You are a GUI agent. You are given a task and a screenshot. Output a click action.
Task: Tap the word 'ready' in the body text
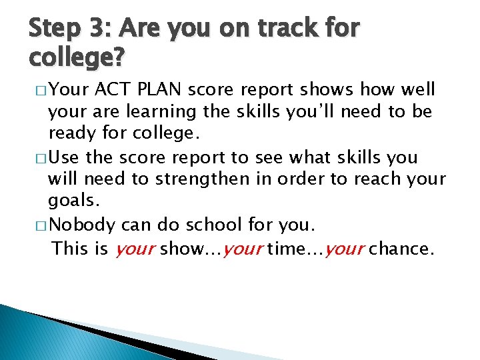(x=73, y=134)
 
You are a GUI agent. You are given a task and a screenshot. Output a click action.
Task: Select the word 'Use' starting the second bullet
(x=65, y=157)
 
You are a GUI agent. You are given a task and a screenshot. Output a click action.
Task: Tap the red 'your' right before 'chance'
(x=346, y=249)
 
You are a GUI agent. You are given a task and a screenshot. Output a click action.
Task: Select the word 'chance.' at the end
(x=401, y=248)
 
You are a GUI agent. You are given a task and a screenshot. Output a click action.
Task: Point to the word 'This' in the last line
(x=69, y=248)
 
